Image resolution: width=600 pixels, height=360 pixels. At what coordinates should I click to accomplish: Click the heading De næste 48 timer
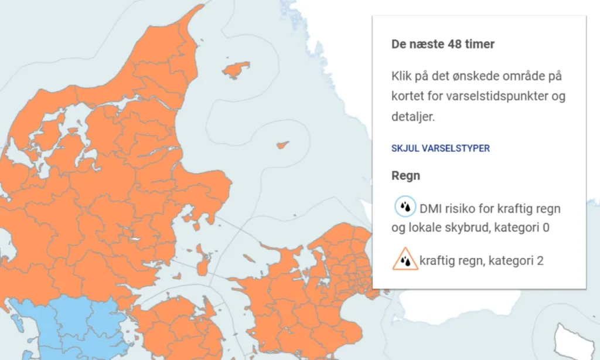[443, 45]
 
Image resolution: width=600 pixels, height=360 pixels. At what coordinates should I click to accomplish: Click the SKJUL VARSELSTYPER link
[440, 148]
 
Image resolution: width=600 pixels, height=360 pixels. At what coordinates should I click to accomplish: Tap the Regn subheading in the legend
[405, 176]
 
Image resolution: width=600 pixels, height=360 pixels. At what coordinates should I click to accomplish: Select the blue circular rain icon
[404, 207]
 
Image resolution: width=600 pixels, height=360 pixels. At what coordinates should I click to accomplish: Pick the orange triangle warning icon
[405, 259]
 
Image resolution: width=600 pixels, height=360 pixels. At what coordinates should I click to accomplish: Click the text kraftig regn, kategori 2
[481, 260]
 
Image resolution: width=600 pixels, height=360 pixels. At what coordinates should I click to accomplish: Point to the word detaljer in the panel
[413, 117]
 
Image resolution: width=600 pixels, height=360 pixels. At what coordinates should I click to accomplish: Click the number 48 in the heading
[454, 45]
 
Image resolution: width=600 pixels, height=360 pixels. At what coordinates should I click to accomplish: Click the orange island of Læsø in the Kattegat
[236, 69]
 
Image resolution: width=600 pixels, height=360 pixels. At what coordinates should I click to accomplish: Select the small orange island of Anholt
[284, 144]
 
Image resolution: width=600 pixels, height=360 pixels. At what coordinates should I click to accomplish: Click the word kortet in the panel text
[408, 97]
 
